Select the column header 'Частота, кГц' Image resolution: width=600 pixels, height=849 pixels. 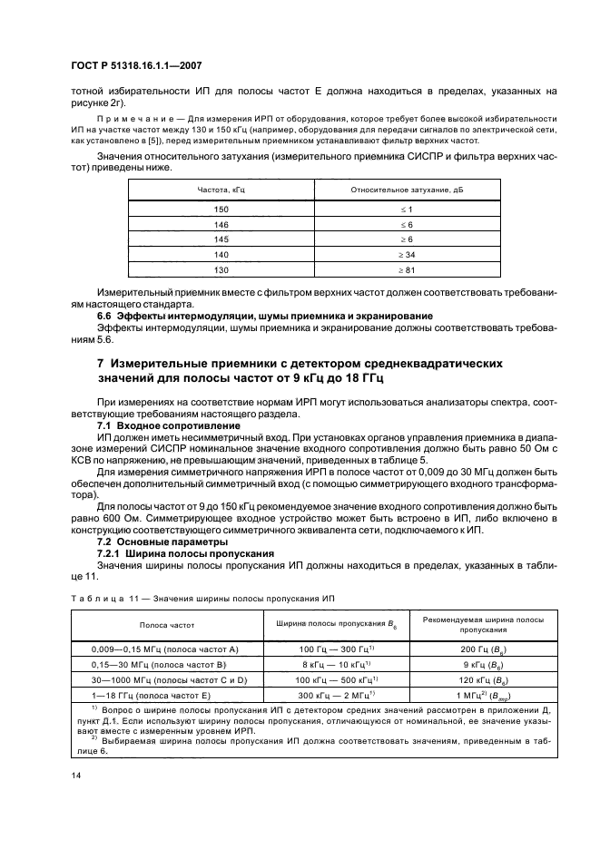[x=221, y=189]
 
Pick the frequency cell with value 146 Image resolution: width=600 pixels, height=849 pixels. [x=221, y=223]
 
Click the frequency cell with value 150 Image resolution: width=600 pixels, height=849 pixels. [x=221, y=208]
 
